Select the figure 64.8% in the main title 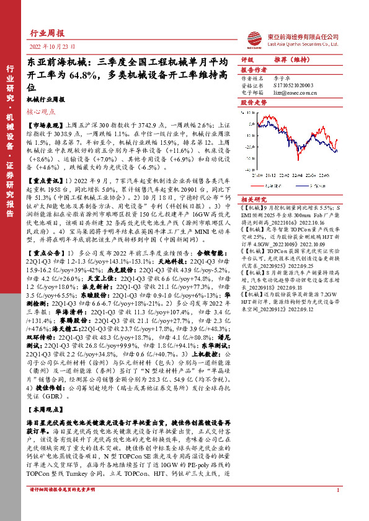(81, 75)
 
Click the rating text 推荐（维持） (291, 60)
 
